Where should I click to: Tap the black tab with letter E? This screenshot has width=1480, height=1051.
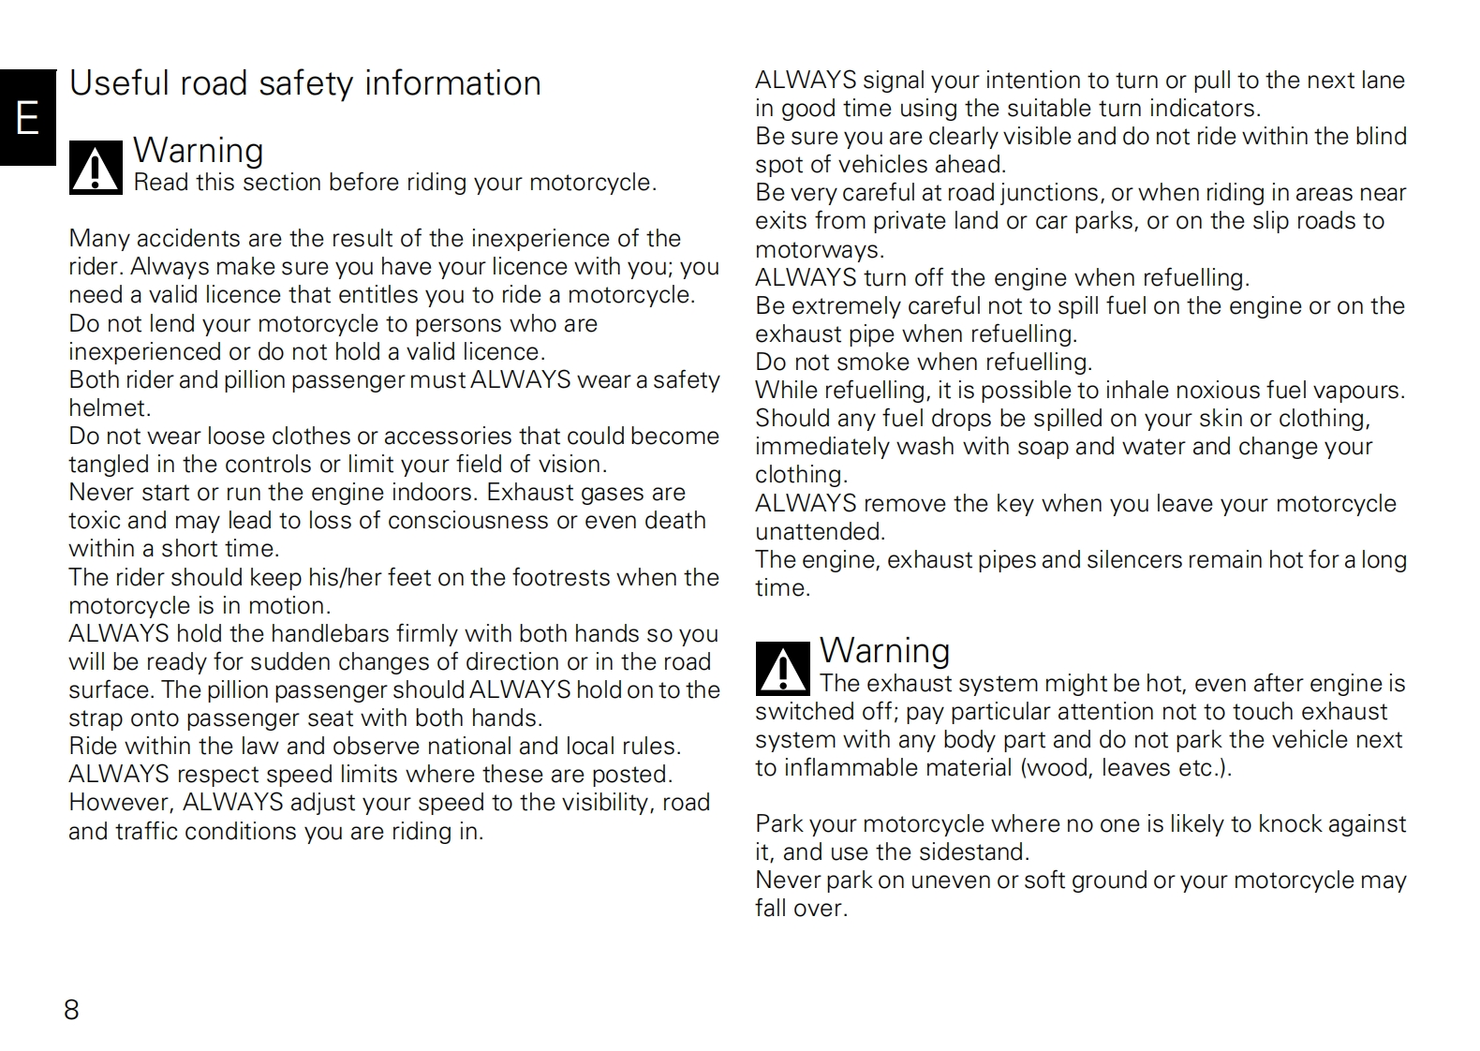pyautogui.click(x=28, y=118)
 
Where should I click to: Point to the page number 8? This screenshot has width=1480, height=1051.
pyautogui.click(x=71, y=1009)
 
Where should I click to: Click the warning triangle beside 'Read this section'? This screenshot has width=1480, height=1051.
pyautogui.click(x=96, y=169)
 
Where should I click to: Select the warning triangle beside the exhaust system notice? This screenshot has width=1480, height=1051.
pyautogui.click(x=782, y=669)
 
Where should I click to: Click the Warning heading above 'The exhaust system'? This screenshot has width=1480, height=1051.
pyautogui.click(x=884, y=650)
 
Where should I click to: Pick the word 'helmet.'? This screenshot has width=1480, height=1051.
pyautogui.click(x=110, y=408)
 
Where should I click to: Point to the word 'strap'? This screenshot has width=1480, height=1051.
pyautogui.click(x=94, y=718)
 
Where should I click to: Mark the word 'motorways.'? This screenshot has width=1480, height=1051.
pyautogui.click(x=820, y=250)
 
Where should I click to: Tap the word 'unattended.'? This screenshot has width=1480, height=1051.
pyautogui.click(x=820, y=532)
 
